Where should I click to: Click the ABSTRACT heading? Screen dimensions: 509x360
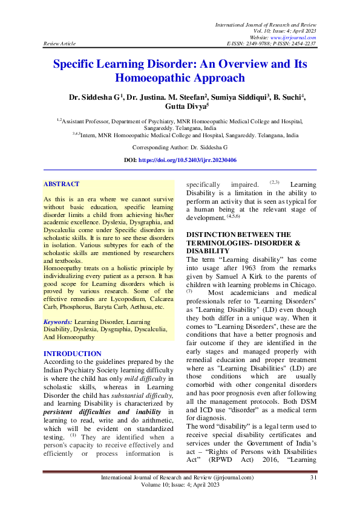pos(61,183)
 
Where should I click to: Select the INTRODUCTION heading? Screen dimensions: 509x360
pos(73,354)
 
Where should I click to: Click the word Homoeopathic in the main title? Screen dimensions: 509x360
pos(159,77)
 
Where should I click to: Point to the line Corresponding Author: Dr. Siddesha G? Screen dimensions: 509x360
pos(180,147)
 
